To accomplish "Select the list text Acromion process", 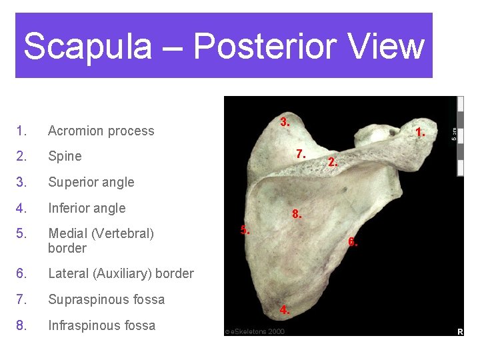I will (x=101, y=131).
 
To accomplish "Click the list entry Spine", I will (x=65, y=156).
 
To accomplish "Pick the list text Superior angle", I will (x=91, y=182).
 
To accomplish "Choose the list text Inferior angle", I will (x=87, y=208).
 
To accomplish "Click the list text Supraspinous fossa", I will (x=106, y=299).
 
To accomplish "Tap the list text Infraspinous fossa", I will (x=101, y=325).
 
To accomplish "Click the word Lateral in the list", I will (x=69, y=273).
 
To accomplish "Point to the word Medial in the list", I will (x=69, y=233).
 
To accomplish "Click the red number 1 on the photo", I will (x=420, y=133).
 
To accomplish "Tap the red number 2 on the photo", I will (x=333, y=162).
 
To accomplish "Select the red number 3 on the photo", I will (x=285, y=122).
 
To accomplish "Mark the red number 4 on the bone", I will (x=285, y=310).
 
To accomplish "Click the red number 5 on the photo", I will (x=245, y=230).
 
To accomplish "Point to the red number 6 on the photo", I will (x=353, y=242).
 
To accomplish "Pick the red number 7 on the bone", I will (x=301, y=154).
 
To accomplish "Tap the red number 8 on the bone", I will (x=297, y=215).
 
